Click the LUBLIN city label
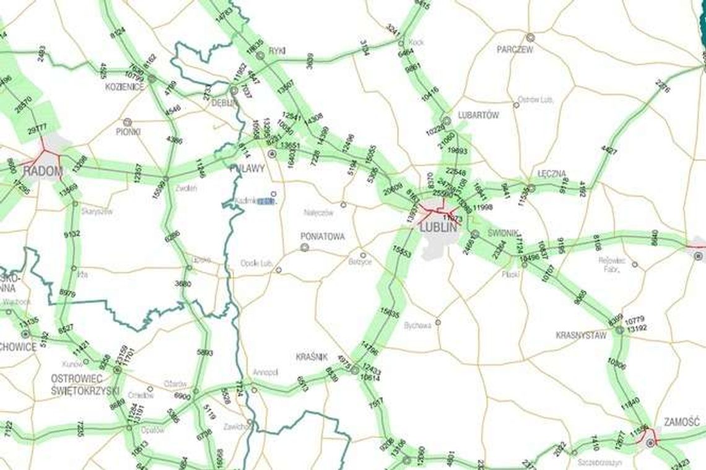pyautogui.click(x=438, y=227)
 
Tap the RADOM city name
pyautogui.click(x=43, y=171)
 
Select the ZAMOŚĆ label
pyautogui.click(x=681, y=422)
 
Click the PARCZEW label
pyautogui.click(x=514, y=50)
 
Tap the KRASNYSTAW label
pyautogui.click(x=581, y=335)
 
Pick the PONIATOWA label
pyautogui.click(x=322, y=237)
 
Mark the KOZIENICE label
pyautogui.click(x=124, y=87)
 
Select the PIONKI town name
pyautogui.click(x=128, y=132)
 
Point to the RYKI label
pyautogui.click(x=277, y=51)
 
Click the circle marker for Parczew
pyautogui.click(x=530, y=38)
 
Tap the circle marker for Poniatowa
pyautogui.click(x=305, y=247)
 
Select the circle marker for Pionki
pyautogui.click(x=128, y=122)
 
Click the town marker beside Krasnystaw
pyautogui.click(x=619, y=331)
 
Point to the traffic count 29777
pyautogui.click(x=37, y=128)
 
